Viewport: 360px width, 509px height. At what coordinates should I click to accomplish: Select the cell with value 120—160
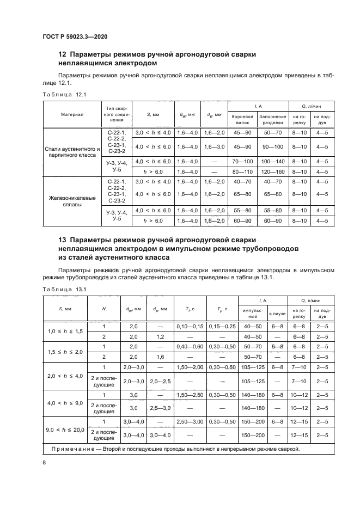point(272,171)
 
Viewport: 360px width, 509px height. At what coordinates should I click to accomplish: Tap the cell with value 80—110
point(242,171)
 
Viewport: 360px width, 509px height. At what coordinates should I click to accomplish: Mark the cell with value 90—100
point(272,147)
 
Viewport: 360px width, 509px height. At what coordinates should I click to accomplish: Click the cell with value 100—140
point(272,162)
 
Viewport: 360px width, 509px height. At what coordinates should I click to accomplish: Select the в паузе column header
point(277,312)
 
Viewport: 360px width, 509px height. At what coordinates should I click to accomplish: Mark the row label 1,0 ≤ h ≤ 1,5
point(64,332)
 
